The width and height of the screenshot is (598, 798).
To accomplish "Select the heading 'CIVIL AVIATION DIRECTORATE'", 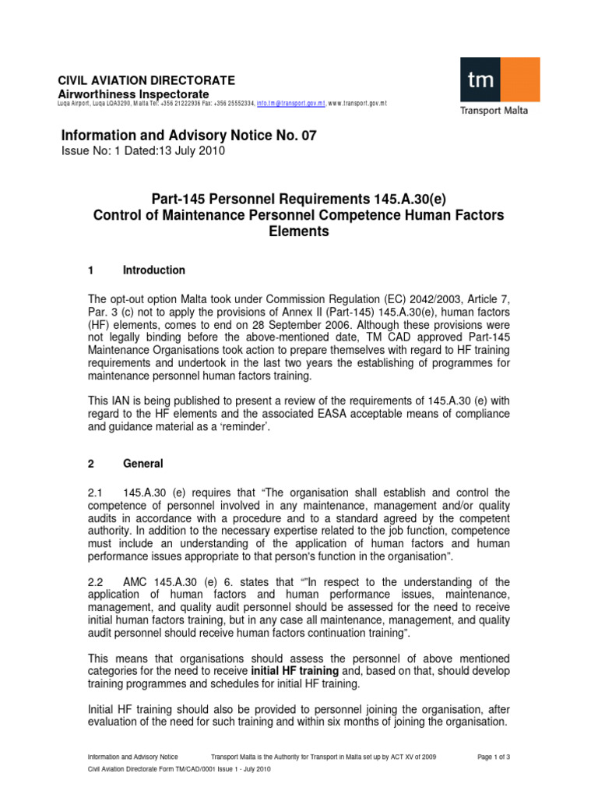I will coord(147,81).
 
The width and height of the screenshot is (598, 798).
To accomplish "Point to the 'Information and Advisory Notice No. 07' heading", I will coord(189,136).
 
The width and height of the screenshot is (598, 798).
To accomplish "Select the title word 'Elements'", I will coord(299,231).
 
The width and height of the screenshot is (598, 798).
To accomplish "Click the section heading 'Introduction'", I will coord(154,270).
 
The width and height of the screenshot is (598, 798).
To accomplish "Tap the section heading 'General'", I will coord(143,464).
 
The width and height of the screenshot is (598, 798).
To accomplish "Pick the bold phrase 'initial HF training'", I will coord(294,670).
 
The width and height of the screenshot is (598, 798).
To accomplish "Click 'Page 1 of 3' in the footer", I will coord(492,757).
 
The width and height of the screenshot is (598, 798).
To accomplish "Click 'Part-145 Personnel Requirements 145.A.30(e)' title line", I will coord(299,199).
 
